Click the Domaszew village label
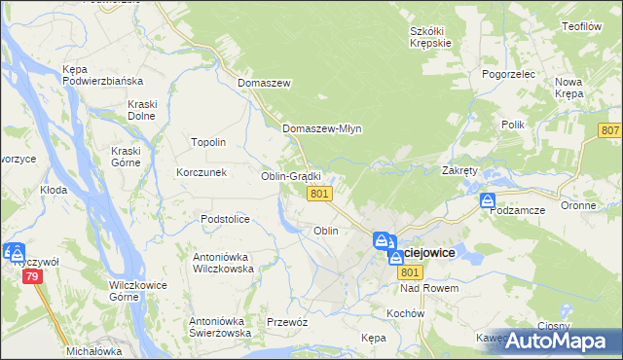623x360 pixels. [x=264, y=84]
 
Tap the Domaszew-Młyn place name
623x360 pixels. [x=321, y=128]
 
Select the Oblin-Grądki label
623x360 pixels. [x=290, y=176]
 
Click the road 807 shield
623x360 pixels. [x=610, y=130]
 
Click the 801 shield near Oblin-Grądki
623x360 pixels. [x=320, y=195]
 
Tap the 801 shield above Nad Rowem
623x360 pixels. [x=408, y=272]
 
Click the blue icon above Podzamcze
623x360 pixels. [x=488, y=201]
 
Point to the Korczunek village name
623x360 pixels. [x=202, y=172]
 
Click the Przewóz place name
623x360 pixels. [x=287, y=322]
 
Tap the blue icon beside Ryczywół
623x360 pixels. [x=14, y=251]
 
